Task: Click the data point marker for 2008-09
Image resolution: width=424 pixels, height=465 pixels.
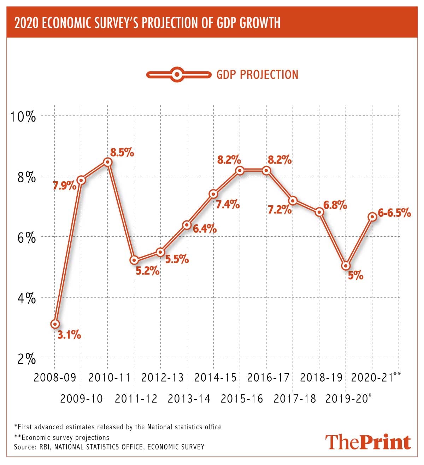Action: (x=55, y=324)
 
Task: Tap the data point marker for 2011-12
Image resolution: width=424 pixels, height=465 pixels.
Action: (x=134, y=260)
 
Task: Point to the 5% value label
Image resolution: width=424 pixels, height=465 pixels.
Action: (x=355, y=276)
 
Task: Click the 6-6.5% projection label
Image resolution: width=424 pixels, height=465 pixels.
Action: (x=394, y=213)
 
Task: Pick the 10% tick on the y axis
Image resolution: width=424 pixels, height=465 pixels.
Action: (x=23, y=116)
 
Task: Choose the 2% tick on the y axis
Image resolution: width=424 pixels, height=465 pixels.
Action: (x=26, y=359)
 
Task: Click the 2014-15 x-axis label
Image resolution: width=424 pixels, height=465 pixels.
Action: (x=215, y=378)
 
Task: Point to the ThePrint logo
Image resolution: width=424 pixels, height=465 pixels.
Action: (x=368, y=442)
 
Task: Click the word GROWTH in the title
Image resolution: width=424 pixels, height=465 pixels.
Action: (x=260, y=23)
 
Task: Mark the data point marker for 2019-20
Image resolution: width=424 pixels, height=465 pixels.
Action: (x=346, y=265)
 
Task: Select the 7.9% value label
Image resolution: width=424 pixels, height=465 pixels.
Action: (x=64, y=185)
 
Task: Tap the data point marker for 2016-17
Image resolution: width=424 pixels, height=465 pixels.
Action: (x=266, y=171)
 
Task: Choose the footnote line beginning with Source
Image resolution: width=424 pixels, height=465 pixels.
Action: (x=109, y=447)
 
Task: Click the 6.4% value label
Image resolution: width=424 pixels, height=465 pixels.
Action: (x=205, y=229)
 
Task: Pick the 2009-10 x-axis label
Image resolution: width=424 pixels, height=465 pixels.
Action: (x=82, y=399)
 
